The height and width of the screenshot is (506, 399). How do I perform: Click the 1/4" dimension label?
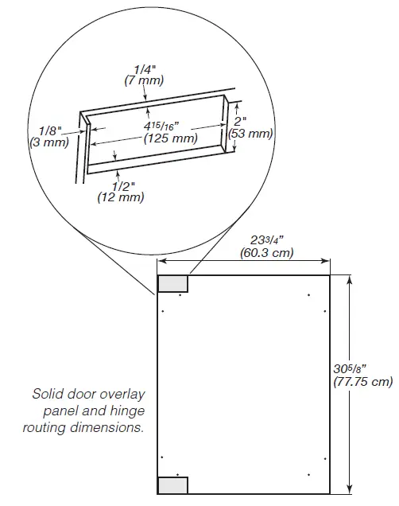[x=143, y=69]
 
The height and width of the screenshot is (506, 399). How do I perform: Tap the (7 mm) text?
[x=143, y=80]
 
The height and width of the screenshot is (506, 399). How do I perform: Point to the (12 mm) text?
[x=121, y=197]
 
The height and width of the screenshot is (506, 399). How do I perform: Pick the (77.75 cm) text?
[x=363, y=381]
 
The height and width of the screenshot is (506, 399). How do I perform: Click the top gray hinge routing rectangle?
[x=173, y=283]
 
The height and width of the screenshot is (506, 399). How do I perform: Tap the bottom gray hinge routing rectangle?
[x=173, y=485]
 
